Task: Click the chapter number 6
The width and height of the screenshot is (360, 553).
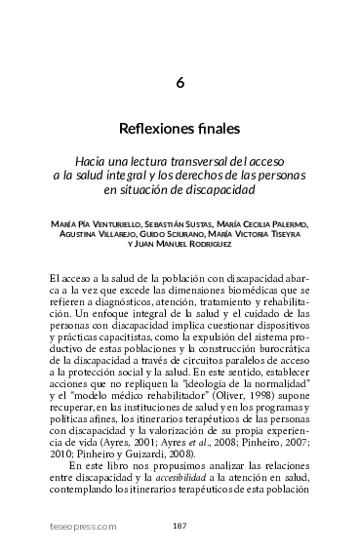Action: click(180, 83)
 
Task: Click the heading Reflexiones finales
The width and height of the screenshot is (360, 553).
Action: click(180, 129)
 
